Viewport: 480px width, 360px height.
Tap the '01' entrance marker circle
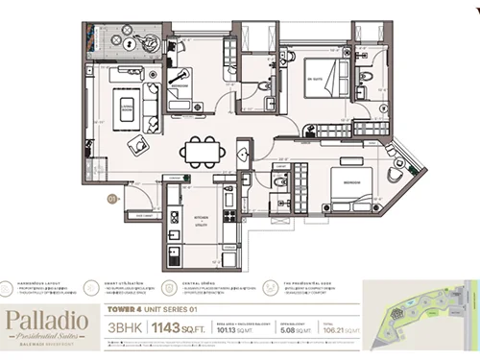pos(112,200)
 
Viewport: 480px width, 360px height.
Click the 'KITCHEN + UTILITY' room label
pos(201,221)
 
